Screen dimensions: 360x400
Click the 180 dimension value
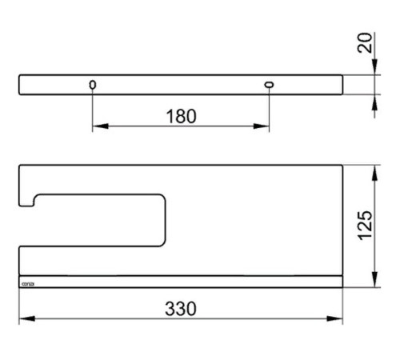pyautogui.click(x=181, y=116)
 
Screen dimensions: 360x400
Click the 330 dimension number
pyautogui.click(x=180, y=308)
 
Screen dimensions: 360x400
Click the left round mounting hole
pyautogui.click(x=93, y=85)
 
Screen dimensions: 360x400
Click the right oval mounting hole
pyautogui.click(x=268, y=85)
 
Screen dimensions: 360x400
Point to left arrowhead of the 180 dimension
pyautogui.click(x=97, y=126)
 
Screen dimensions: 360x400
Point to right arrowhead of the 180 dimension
pyautogui.click(x=264, y=126)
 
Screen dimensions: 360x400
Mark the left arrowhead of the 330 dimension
pyautogui.click(x=23, y=318)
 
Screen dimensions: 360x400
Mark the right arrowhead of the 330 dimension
pyautogui.click(x=338, y=318)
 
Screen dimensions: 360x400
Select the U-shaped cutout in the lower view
pyautogui.click(x=96, y=219)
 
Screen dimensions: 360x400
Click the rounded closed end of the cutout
pyautogui.click(x=163, y=219)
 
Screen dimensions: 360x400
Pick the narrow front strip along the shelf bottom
pyautogui.click(x=180, y=282)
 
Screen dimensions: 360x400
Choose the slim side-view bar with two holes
pyautogui.click(x=180, y=85)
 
